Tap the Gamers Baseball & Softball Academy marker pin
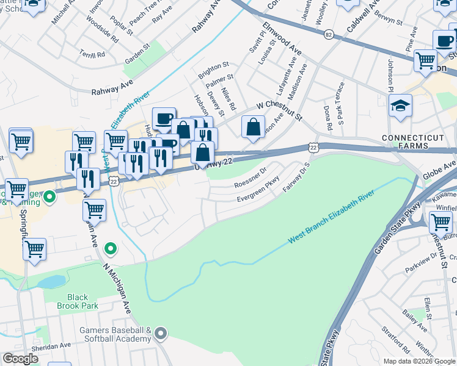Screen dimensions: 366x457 coord(161,333)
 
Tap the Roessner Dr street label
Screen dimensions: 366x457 coord(250,178)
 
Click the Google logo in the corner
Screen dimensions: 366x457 coord(20,359)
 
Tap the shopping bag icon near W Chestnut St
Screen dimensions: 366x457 coord(253,126)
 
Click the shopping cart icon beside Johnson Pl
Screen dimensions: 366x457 coord(425,60)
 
